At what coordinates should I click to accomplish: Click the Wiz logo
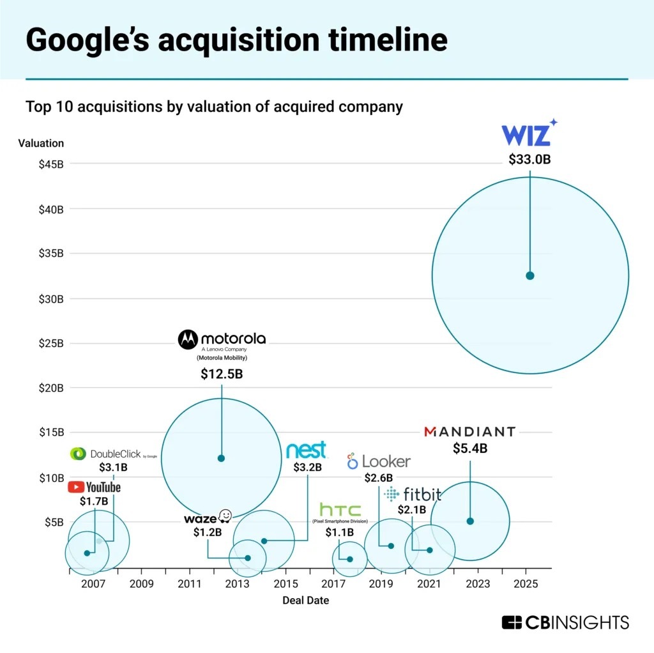pyautogui.click(x=529, y=134)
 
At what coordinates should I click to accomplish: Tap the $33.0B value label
pyautogui.click(x=529, y=160)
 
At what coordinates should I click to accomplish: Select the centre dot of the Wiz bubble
pyautogui.click(x=529, y=275)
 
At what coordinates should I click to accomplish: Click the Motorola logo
pyautogui.click(x=222, y=339)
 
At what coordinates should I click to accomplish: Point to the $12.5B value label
pyautogui.click(x=222, y=374)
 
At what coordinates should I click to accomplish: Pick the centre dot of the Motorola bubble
pyautogui.click(x=222, y=458)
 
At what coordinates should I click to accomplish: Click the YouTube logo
pyautogui.click(x=94, y=488)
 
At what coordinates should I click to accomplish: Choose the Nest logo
pyautogui.click(x=307, y=450)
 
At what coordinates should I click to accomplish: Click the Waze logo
pyautogui.click(x=208, y=517)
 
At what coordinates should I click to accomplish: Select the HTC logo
pyautogui.click(x=340, y=510)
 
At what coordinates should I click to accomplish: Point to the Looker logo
pyautogui.click(x=379, y=461)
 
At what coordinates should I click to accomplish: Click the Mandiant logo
pyautogui.click(x=469, y=432)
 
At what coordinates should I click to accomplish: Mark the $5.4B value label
pyautogui.click(x=470, y=449)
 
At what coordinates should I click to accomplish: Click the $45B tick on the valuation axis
pyautogui.click(x=51, y=164)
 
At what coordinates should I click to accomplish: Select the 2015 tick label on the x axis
pyautogui.click(x=285, y=584)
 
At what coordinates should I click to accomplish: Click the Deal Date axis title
pyautogui.click(x=306, y=601)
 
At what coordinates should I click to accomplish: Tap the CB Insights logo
pyautogui.click(x=565, y=622)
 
